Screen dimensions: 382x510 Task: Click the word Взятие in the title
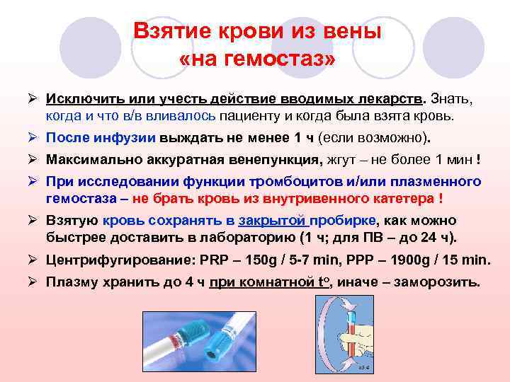pyautogui.click(x=171, y=32)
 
